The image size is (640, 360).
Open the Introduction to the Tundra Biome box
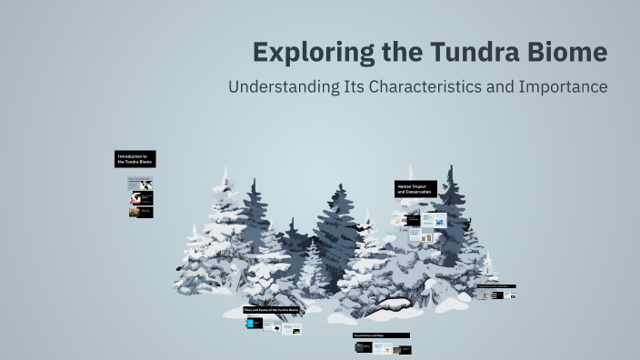[135, 159]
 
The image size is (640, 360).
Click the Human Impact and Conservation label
[415, 189]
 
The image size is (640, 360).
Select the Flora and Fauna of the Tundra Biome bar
[271, 310]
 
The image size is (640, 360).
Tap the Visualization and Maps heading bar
[381, 335]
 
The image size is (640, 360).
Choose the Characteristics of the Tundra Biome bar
[496, 287]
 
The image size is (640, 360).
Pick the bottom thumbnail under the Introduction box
[140, 212]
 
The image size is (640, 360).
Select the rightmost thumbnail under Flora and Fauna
[291, 329]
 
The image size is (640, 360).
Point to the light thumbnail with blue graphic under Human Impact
[438, 221]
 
